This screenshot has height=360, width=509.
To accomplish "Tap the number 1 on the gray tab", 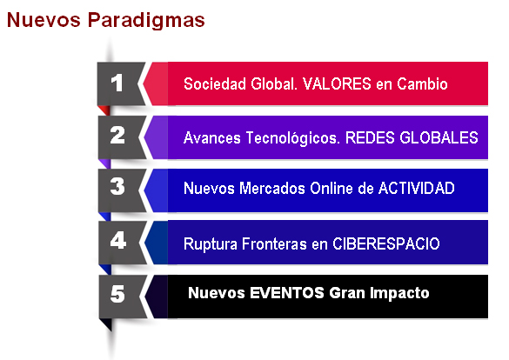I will [x=117, y=83].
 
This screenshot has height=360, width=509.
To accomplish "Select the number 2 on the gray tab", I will [x=117, y=136].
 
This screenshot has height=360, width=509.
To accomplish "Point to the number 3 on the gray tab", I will [x=117, y=187].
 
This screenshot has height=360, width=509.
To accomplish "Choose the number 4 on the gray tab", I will [x=117, y=240].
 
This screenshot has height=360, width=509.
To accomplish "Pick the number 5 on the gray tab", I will [x=117, y=294].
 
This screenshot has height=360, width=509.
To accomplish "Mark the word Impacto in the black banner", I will [x=398, y=293].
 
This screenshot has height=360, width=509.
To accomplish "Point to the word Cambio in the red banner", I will [x=424, y=85].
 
